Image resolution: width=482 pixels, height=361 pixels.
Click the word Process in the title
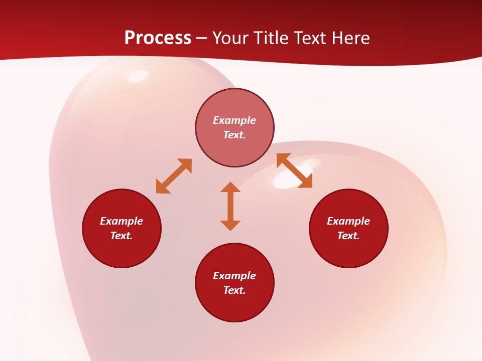pyautogui.click(x=158, y=38)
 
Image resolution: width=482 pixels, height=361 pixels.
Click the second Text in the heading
pyautogui.click(x=312, y=38)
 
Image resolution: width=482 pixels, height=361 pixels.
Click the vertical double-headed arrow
pyautogui.click(x=230, y=206)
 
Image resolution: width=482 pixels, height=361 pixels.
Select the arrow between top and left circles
pyautogui.click(x=174, y=176)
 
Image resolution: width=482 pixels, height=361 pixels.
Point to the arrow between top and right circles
pyautogui.click(x=294, y=170)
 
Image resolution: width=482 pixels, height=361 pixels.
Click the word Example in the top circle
pyautogui.click(x=234, y=120)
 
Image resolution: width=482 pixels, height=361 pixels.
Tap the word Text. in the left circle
pyautogui.click(x=122, y=236)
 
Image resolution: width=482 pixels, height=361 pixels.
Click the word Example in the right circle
pyautogui.click(x=348, y=221)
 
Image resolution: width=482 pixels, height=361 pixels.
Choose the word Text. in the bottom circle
pyautogui.click(x=234, y=290)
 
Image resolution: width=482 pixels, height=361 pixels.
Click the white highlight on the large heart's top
pyautogui.click(x=139, y=76)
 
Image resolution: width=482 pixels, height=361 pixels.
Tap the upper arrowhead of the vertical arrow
pyautogui.click(x=230, y=187)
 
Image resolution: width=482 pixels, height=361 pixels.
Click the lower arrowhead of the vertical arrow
pyautogui.click(x=230, y=225)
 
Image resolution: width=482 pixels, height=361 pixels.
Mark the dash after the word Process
pyautogui.click(x=202, y=38)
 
